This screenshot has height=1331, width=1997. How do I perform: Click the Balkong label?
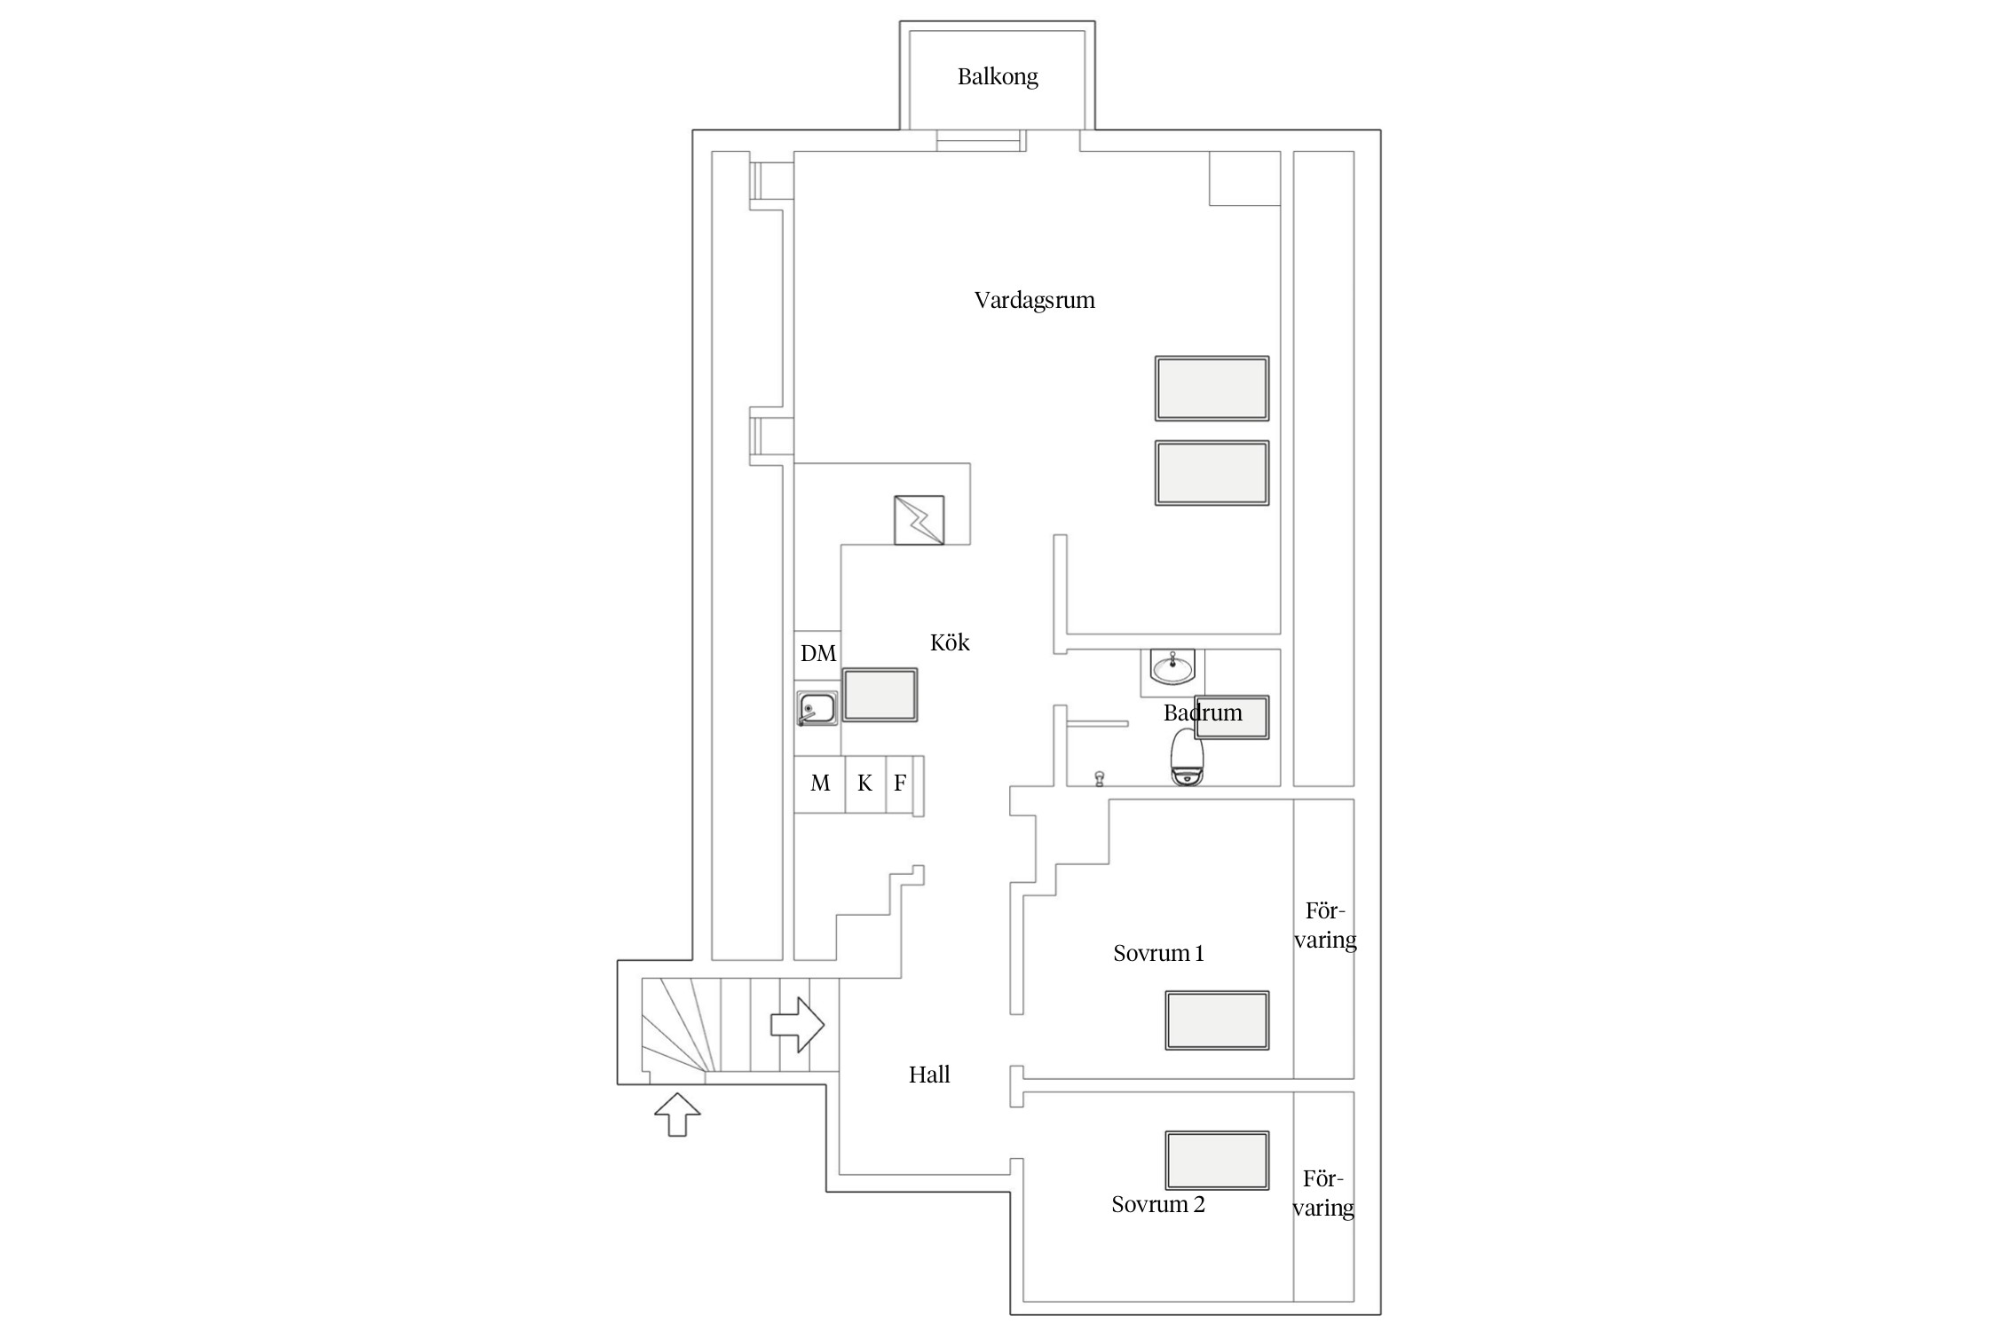click(998, 77)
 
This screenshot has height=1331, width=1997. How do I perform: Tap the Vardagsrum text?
click(1034, 300)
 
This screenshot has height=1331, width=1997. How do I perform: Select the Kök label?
click(950, 642)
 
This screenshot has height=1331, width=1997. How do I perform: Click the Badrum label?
click(1203, 713)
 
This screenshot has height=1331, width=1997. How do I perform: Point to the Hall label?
click(929, 1075)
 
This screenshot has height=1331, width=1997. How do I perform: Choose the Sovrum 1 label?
click(1158, 953)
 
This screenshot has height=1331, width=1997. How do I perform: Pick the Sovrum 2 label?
click(1158, 1204)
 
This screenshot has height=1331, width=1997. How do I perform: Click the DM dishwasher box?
click(817, 654)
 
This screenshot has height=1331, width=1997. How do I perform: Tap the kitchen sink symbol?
click(817, 708)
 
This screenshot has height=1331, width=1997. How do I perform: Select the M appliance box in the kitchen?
click(819, 784)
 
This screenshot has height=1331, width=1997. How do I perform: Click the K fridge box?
click(865, 784)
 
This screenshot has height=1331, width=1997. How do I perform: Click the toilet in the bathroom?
click(1188, 757)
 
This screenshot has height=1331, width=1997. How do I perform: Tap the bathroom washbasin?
click(1172, 667)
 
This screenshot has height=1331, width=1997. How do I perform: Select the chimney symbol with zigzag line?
click(919, 520)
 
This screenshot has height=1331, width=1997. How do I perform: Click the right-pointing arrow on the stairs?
click(797, 1025)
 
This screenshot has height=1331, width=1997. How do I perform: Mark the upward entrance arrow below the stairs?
click(677, 1114)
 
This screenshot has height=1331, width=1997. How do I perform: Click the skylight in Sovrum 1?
click(1217, 1020)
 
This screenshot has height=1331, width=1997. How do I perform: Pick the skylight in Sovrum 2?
click(1217, 1160)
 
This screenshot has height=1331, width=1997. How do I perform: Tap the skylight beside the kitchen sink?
click(880, 695)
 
